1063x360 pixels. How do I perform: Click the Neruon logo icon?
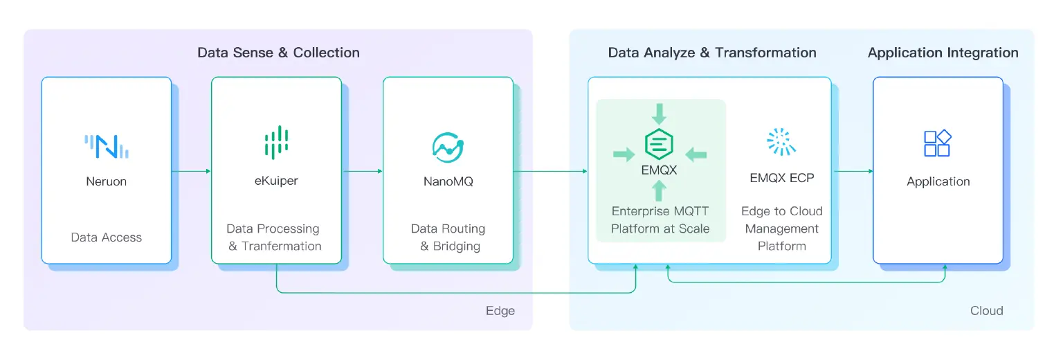click(107, 146)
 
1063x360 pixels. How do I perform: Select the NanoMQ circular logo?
click(448, 146)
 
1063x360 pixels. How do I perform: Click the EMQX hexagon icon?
click(660, 144)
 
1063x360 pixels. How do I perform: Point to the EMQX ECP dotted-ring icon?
click(781, 141)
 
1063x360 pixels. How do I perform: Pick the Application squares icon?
click(938, 143)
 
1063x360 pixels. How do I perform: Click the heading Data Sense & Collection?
click(278, 53)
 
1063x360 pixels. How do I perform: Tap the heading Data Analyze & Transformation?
click(712, 53)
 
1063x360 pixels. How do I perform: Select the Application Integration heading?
click(943, 53)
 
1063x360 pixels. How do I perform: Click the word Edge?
click(500, 311)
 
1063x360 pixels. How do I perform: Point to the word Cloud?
click(986, 311)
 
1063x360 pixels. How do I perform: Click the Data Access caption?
click(106, 237)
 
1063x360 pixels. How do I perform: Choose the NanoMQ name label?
click(448, 182)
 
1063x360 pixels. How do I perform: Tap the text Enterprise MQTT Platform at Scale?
click(660, 219)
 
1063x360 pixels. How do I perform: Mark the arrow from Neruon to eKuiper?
click(191, 170)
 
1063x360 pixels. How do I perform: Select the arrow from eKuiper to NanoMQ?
click(363, 170)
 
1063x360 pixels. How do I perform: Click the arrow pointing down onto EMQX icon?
click(660, 113)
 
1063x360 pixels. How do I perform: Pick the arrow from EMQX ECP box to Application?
click(852, 170)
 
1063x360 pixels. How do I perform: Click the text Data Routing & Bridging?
click(448, 237)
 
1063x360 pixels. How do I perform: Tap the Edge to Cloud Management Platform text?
click(781, 228)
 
